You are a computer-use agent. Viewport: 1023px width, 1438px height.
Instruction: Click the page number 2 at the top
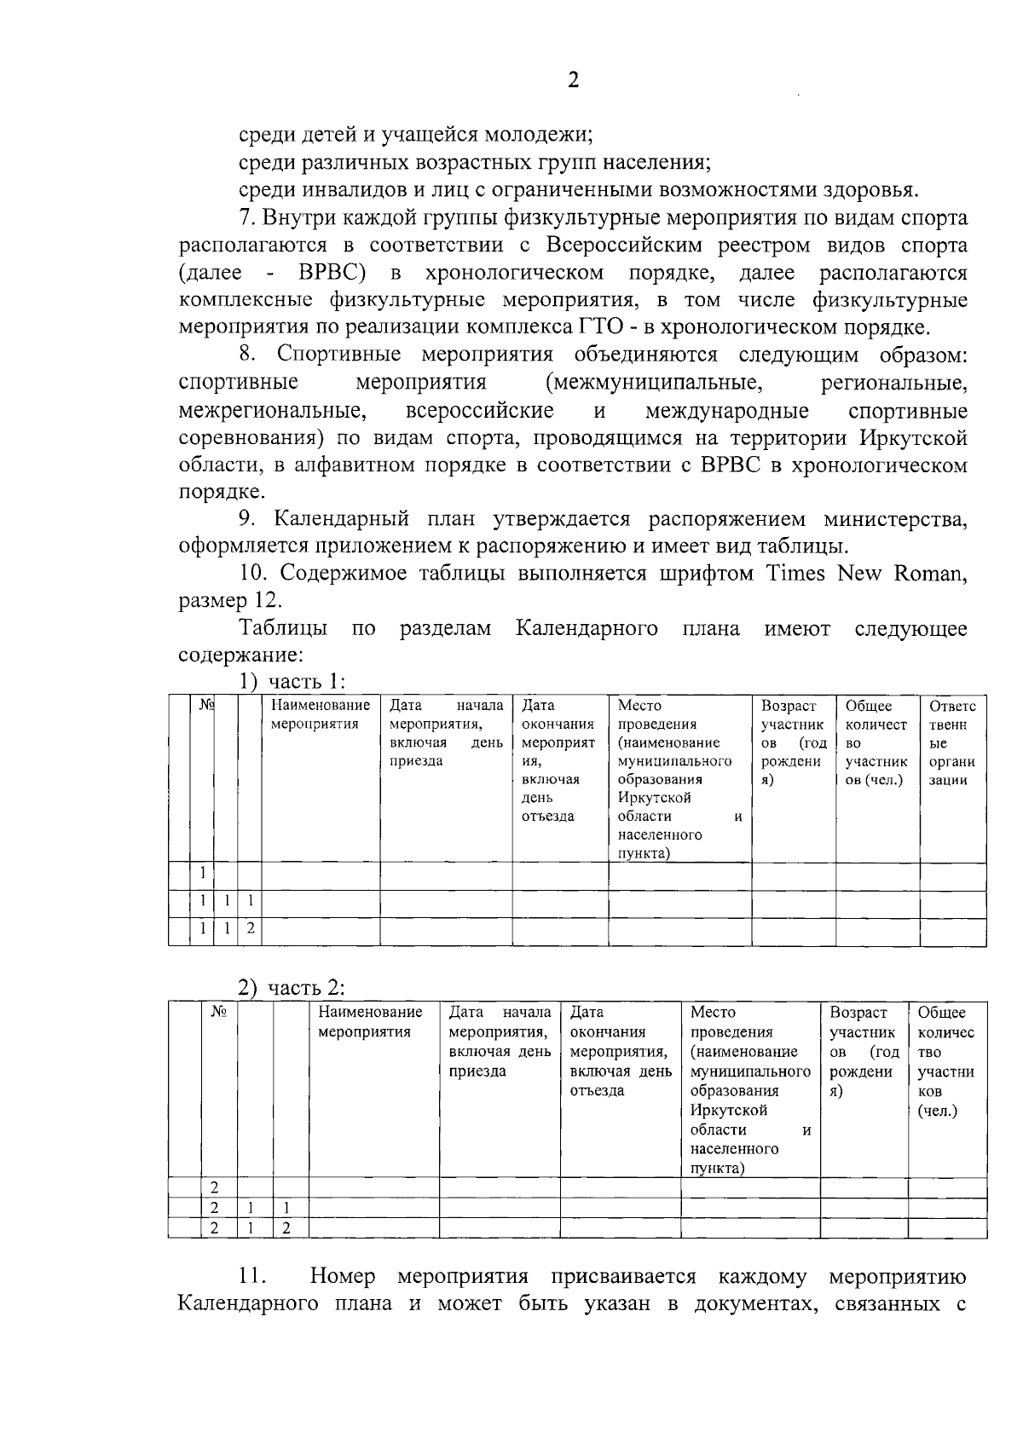pyautogui.click(x=573, y=80)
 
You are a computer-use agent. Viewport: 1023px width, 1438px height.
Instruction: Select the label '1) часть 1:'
pyautogui.click(x=291, y=682)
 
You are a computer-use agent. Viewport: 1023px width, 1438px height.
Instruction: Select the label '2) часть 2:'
pyautogui.click(x=291, y=989)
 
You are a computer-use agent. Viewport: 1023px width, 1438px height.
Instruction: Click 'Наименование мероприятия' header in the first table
pyautogui.click(x=320, y=715)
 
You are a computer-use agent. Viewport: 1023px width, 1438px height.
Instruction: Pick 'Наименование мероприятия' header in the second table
pyautogui.click(x=370, y=1022)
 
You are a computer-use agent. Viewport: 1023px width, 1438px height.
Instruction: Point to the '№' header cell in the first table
pyautogui.click(x=205, y=706)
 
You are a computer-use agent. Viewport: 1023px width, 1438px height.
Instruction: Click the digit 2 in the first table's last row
pyautogui.click(x=250, y=928)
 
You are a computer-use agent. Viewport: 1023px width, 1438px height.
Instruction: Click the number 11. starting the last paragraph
pyautogui.click(x=252, y=1277)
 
